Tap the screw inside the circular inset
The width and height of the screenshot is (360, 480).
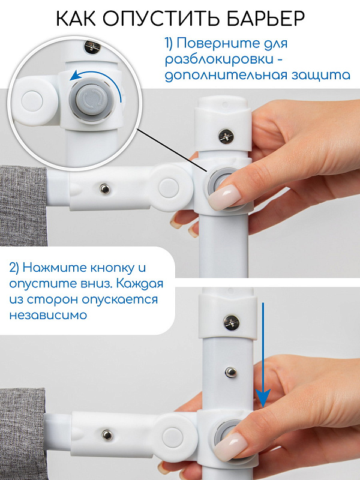(92, 46)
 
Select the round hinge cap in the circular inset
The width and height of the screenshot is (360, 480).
(32, 101)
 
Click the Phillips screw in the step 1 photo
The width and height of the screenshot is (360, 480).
(226, 136)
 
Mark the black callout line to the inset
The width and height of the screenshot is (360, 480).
(173, 150)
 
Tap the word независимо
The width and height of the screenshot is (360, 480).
(48, 315)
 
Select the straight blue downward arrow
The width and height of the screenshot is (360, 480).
(263, 355)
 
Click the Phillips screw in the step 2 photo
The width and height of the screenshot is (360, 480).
(232, 322)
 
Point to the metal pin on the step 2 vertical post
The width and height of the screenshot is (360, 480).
(231, 372)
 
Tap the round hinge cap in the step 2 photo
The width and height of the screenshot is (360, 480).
(173, 437)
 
